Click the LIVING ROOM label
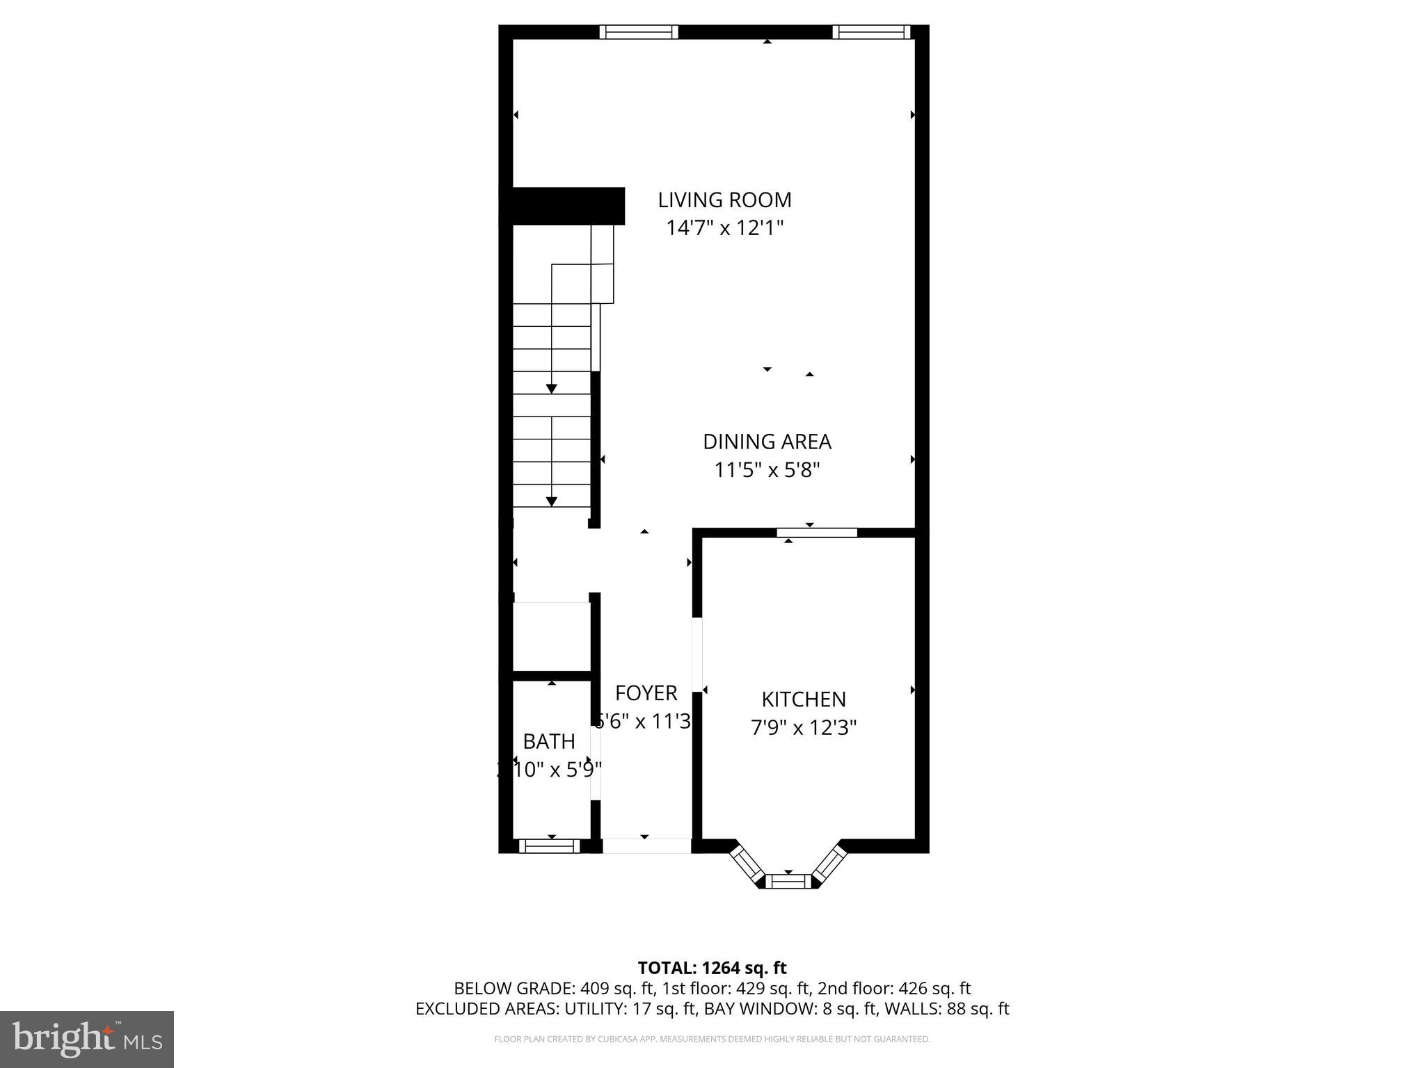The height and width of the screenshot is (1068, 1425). click(x=724, y=200)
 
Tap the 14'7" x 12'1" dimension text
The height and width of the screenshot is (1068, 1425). click(x=724, y=228)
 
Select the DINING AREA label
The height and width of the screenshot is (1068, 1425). click(x=767, y=442)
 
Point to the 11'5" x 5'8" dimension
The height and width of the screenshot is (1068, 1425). click(x=767, y=471)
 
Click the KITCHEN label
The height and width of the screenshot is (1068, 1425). click(x=804, y=699)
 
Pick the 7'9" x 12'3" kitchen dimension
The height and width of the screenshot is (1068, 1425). click(x=804, y=728)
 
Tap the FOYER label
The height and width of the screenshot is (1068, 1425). click(x=646, y=693)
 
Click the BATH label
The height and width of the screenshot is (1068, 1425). click(x=549, y=742)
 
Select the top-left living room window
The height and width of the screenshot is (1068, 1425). click(x=639, y=31)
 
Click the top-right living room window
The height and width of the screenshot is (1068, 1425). click(x=871, y=31)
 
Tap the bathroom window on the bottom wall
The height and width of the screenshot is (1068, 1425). click(x=549, y=845)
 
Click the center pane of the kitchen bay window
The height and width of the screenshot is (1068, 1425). click(x=788, y=882)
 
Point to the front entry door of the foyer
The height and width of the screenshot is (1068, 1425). click(x=646, y=845)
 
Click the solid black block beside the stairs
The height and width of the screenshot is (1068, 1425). click(x=564, y=206)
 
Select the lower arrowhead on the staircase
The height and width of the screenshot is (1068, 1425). click(x=552, y=501)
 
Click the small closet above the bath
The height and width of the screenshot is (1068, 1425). click(x=551, y=636)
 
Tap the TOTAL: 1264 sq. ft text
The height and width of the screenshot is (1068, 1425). click(x=712, y=968)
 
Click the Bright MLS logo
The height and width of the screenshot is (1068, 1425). click(x=87, y=1039)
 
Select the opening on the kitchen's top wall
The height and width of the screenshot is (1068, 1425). click(x=817, y=533)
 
